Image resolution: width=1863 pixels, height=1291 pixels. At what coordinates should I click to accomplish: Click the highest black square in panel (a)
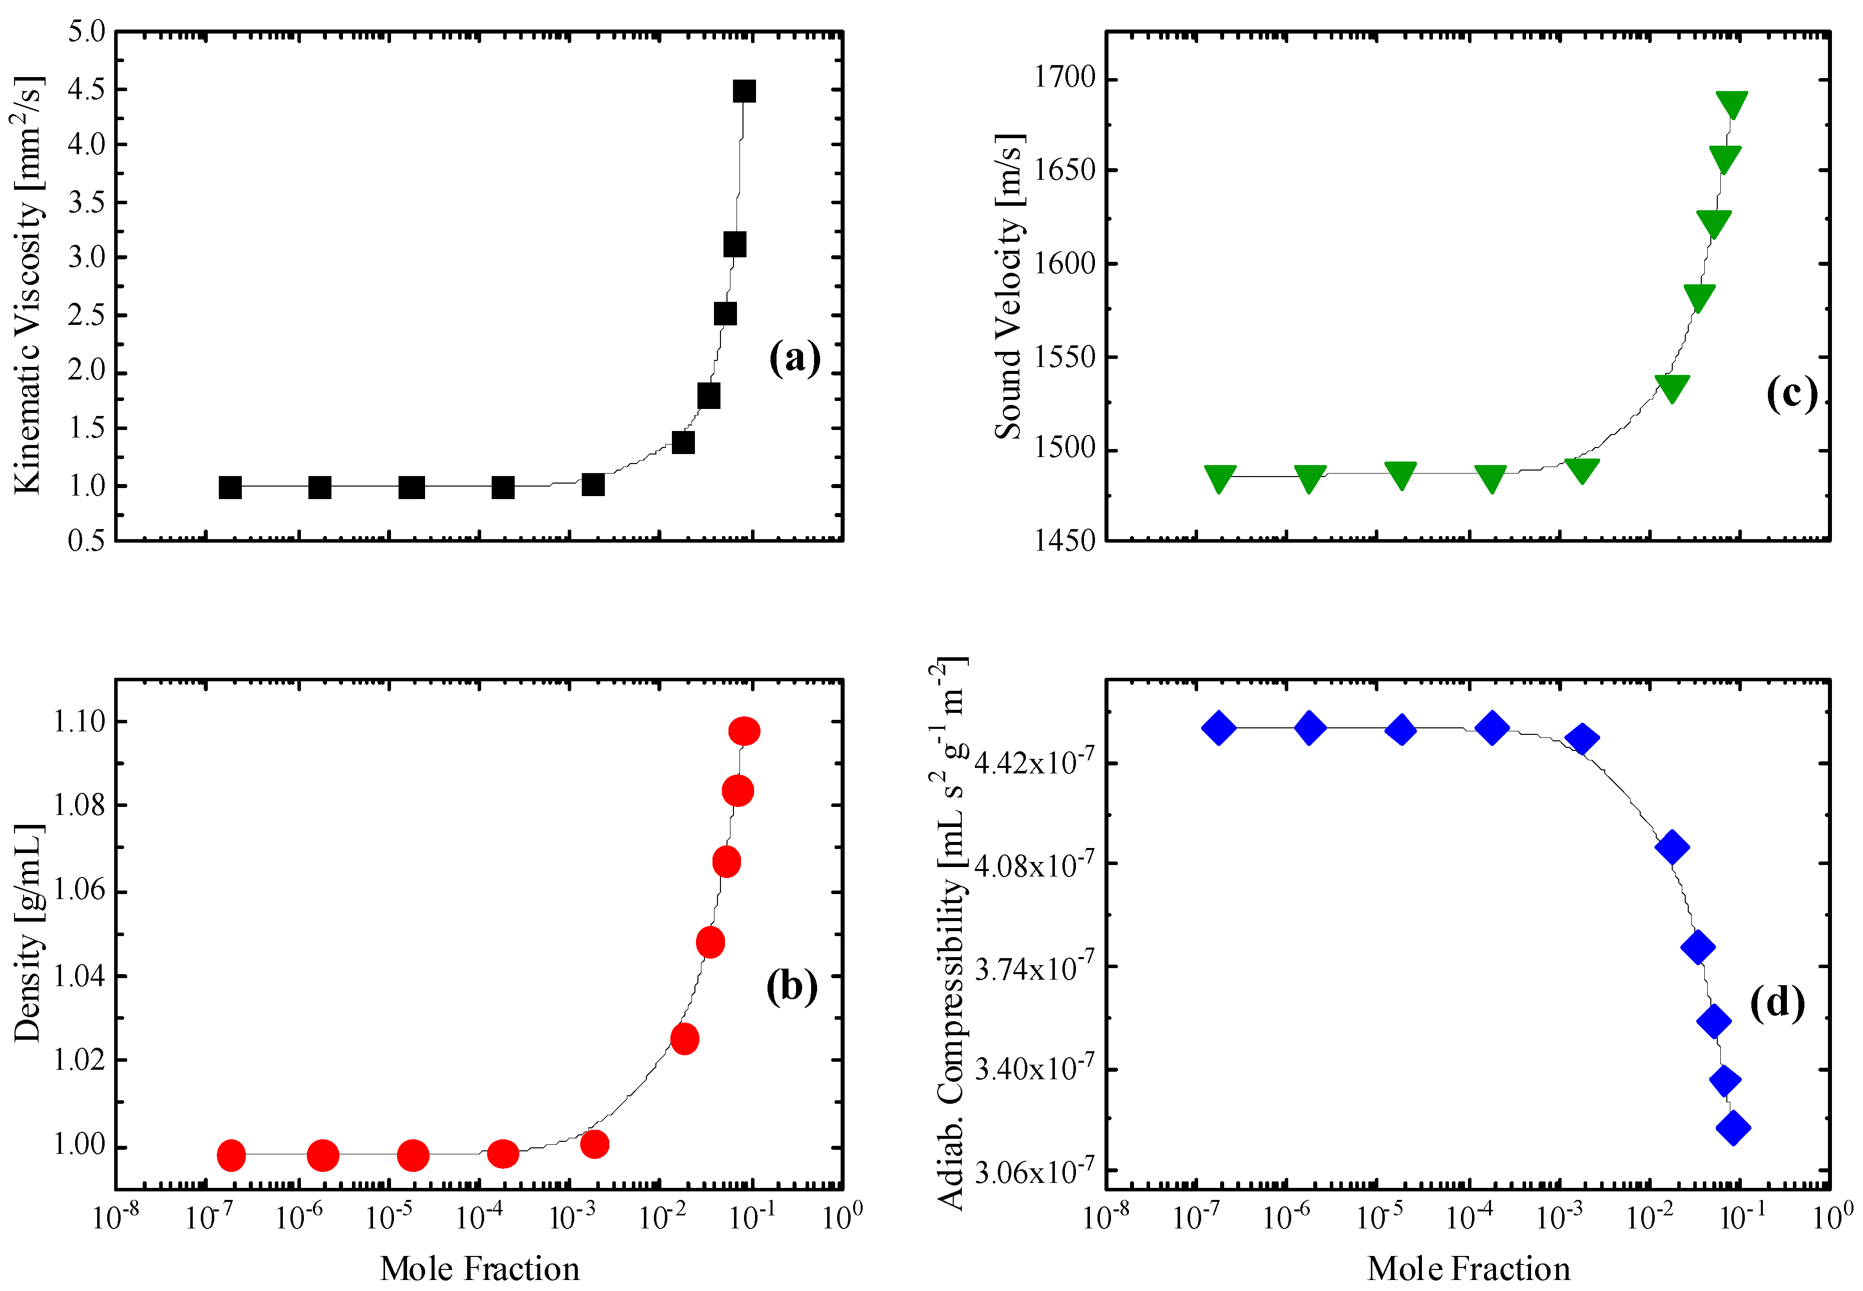tap(743, 91)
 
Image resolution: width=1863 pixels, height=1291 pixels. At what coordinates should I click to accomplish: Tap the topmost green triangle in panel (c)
tap(1731, 104)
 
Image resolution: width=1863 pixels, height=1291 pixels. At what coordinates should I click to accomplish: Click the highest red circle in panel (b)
tap(743, 731)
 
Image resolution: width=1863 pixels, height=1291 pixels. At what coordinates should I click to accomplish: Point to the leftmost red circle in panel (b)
tap(231, 1155)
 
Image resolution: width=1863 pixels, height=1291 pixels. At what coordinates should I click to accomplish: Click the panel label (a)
tap(795, 357)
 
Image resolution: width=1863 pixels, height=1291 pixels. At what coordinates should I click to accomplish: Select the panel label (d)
tap(1776, 1003)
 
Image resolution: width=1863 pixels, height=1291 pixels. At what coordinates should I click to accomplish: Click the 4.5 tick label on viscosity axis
tap(87, 89)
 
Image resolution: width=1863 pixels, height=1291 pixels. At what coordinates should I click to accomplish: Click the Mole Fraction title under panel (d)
tap(1468, 1268)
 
